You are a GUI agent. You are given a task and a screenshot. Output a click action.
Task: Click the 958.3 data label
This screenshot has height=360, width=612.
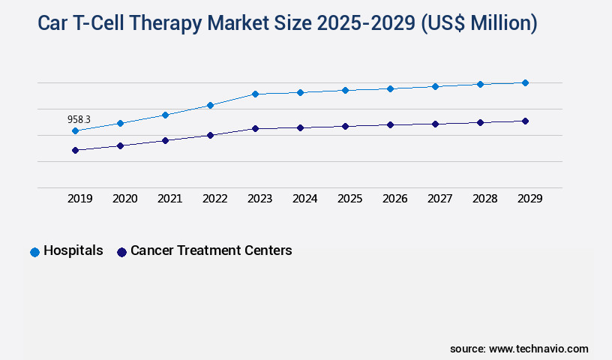(x=79, y=119)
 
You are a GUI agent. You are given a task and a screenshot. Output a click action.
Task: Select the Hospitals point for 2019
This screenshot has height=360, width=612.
(x=75, y=131)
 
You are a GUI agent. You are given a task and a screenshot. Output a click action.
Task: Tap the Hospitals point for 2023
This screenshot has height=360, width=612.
(x=255, y=94)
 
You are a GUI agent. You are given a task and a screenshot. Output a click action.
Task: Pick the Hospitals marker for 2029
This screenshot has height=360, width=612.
(x=525, y=82)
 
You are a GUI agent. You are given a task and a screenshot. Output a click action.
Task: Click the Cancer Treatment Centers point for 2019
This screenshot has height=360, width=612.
(x=75, y=150)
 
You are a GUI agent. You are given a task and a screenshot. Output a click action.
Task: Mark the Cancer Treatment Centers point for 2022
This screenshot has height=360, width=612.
(x=210, y=135)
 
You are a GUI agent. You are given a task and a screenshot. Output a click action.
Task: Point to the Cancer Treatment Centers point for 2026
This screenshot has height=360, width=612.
(x=390, y=124)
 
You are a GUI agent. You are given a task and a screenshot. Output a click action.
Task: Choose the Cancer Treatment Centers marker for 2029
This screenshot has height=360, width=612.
(x=525, y=121)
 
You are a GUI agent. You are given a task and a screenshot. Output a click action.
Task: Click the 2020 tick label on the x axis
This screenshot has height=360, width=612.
(x=124, y=199)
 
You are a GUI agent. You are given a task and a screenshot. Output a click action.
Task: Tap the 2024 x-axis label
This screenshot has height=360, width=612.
(x=304, y=199)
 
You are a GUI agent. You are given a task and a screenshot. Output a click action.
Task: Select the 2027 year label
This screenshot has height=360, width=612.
(x=439, y=199)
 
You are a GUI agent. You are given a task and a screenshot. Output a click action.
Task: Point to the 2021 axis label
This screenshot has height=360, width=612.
(x=169, y=199)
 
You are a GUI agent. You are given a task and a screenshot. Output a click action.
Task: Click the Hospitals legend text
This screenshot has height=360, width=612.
(x=73, y=250)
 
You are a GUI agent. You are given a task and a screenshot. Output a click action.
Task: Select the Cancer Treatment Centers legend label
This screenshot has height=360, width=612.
(x=211, y=250)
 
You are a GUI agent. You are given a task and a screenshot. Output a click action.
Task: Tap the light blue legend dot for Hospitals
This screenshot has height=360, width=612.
(x=34, y=252)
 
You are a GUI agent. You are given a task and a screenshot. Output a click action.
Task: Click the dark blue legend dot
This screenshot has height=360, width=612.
(x=121, y=252)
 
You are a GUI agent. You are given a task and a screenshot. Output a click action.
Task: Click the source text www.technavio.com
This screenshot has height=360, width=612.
(x=538, y=349)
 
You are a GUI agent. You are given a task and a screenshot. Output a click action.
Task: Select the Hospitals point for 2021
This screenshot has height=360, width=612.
(x=165, y=115)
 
